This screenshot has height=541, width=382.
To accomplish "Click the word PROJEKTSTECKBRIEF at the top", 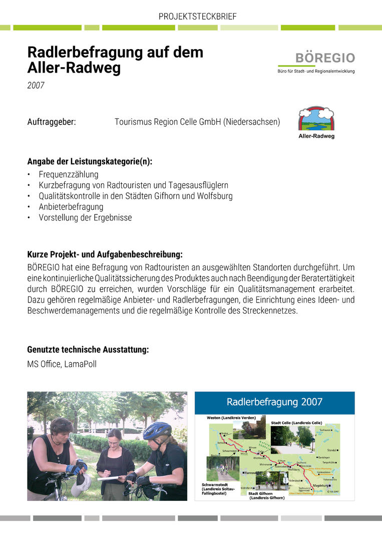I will click(x=197, y=17).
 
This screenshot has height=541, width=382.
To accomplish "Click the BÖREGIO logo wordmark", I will click(x=325, y=58).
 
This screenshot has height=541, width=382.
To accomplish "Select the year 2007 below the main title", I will click(x=36, y=86).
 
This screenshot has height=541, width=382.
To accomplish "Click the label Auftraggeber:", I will click(x=52, y=122).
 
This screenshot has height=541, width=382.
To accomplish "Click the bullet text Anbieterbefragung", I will click(x=71, y=207).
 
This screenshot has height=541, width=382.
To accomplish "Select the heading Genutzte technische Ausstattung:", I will click(x=88, y=350).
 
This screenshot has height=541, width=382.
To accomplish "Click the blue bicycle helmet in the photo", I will click(x=157, y=429).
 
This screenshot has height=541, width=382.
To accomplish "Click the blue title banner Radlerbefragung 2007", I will click(x=274, y=402).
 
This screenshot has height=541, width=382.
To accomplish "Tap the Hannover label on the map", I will click(x=250, y=472).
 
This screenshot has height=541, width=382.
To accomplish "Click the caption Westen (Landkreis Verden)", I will click(x=231, y=417).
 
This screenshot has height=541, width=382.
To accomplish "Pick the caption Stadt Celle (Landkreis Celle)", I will click(x=296, y=423).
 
